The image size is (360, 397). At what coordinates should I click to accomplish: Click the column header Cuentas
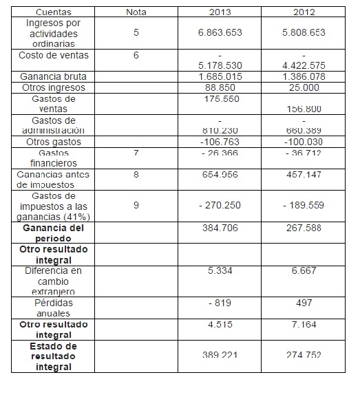click(53, 12)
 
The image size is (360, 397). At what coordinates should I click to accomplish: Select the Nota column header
click(136, 12)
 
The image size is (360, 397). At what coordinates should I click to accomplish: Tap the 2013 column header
click(220, 12)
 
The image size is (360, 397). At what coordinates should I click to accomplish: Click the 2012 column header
click(304, 12)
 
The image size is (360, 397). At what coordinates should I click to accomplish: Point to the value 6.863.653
click(220, 32)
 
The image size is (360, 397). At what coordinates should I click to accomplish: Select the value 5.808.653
click(304, 32)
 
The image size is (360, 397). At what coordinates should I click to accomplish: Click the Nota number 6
click(136, 55)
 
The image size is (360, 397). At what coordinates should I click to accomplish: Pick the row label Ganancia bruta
click(53, 76)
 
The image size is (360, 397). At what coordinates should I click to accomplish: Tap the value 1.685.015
click(220, 76)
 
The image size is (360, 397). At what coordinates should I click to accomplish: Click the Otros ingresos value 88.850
click(220, 87)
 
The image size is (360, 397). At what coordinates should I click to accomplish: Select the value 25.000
click(304, 87)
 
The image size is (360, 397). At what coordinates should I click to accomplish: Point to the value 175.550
click(220, 99)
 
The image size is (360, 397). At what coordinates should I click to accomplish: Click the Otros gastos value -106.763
click(220, 142)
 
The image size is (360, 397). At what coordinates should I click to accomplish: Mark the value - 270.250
click(220, 204)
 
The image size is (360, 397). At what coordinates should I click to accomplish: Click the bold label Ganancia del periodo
click(53, 233)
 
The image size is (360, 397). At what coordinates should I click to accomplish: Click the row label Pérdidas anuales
click(53, 308)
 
